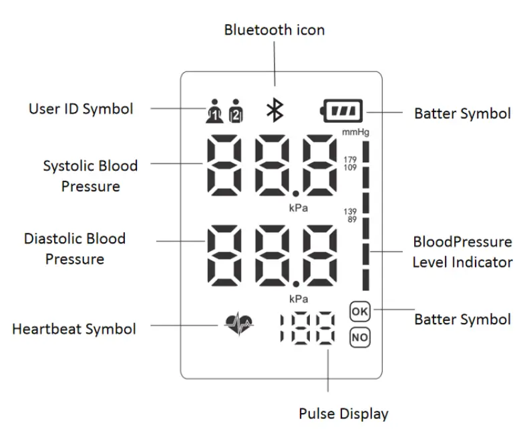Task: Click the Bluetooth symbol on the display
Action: tap(274, 110)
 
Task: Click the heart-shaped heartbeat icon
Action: tap(239, 326)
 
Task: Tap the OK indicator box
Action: tap(359, 311)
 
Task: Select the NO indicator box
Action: tap(359, 338)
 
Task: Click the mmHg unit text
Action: tap(355, 132)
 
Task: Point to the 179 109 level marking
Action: tap(350, 162)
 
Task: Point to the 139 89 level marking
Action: tap(350, 214)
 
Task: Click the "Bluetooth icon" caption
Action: tap(274, 30)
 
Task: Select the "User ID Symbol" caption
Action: tap(80, 108)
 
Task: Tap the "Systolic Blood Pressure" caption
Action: tap(90, 175)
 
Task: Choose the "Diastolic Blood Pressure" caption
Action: tap(75, 248)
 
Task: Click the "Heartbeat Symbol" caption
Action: tap(74, 329)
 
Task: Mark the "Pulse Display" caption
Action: tap(343, 414)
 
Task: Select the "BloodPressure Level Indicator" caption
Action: tap(462, 251)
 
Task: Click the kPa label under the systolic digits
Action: tap(298, 208)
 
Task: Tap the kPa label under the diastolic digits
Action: tap(298, 298)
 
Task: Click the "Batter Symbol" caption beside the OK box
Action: tap(462, 320)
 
